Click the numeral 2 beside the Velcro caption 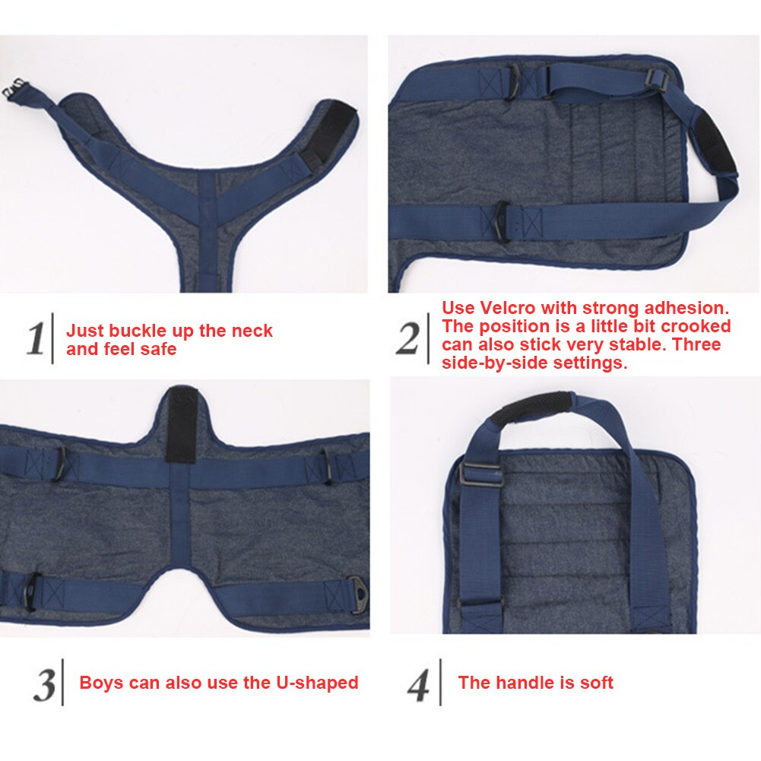407,338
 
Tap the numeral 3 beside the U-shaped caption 43,684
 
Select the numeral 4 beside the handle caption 417,684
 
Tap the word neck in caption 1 254,331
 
